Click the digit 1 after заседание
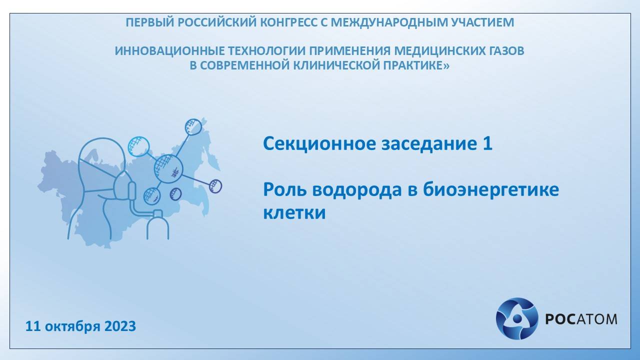tap(487, 144)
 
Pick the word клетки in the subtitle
tap(294, 213)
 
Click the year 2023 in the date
tap(120, 326)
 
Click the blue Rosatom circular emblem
tap(516, 318)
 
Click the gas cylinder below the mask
tap(157, 225)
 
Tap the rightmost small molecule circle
tap(215, 186)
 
